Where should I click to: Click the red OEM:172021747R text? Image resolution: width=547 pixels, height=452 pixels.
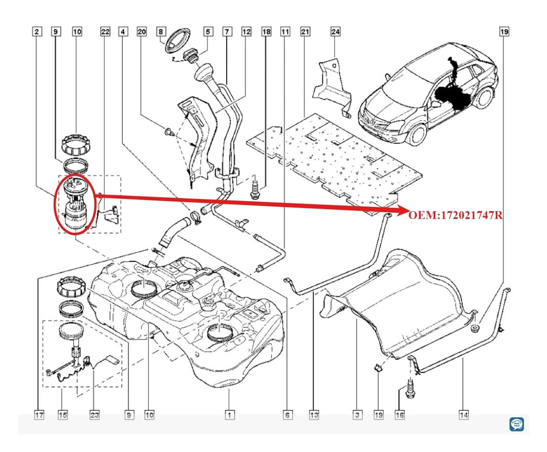click(x=455, y=215)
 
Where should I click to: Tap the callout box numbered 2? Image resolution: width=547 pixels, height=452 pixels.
click(x=36, y=32)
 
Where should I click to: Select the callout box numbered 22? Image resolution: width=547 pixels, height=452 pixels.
click(x=105, y=32)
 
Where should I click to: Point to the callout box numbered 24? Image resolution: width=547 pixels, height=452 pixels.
click(x=335, y=32)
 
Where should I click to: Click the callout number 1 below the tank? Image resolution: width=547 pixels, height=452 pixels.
click(x=229, y=415)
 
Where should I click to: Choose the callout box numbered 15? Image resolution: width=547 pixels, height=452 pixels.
click(x=63, y=415)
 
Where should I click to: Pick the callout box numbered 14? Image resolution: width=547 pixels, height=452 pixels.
click(x=463, y=415)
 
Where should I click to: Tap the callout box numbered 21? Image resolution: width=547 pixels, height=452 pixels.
click(x=305, y=32)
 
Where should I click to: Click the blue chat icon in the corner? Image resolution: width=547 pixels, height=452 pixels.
click(x=516, y=424)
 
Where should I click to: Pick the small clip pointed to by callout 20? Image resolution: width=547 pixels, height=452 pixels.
click(x=168, y=131)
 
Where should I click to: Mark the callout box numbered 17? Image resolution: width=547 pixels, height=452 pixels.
click(x=39, y=415)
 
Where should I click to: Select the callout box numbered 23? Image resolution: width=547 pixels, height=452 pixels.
click(x=94, y=415)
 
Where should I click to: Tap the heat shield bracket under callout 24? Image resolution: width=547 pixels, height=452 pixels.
click(x=333, y=85)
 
